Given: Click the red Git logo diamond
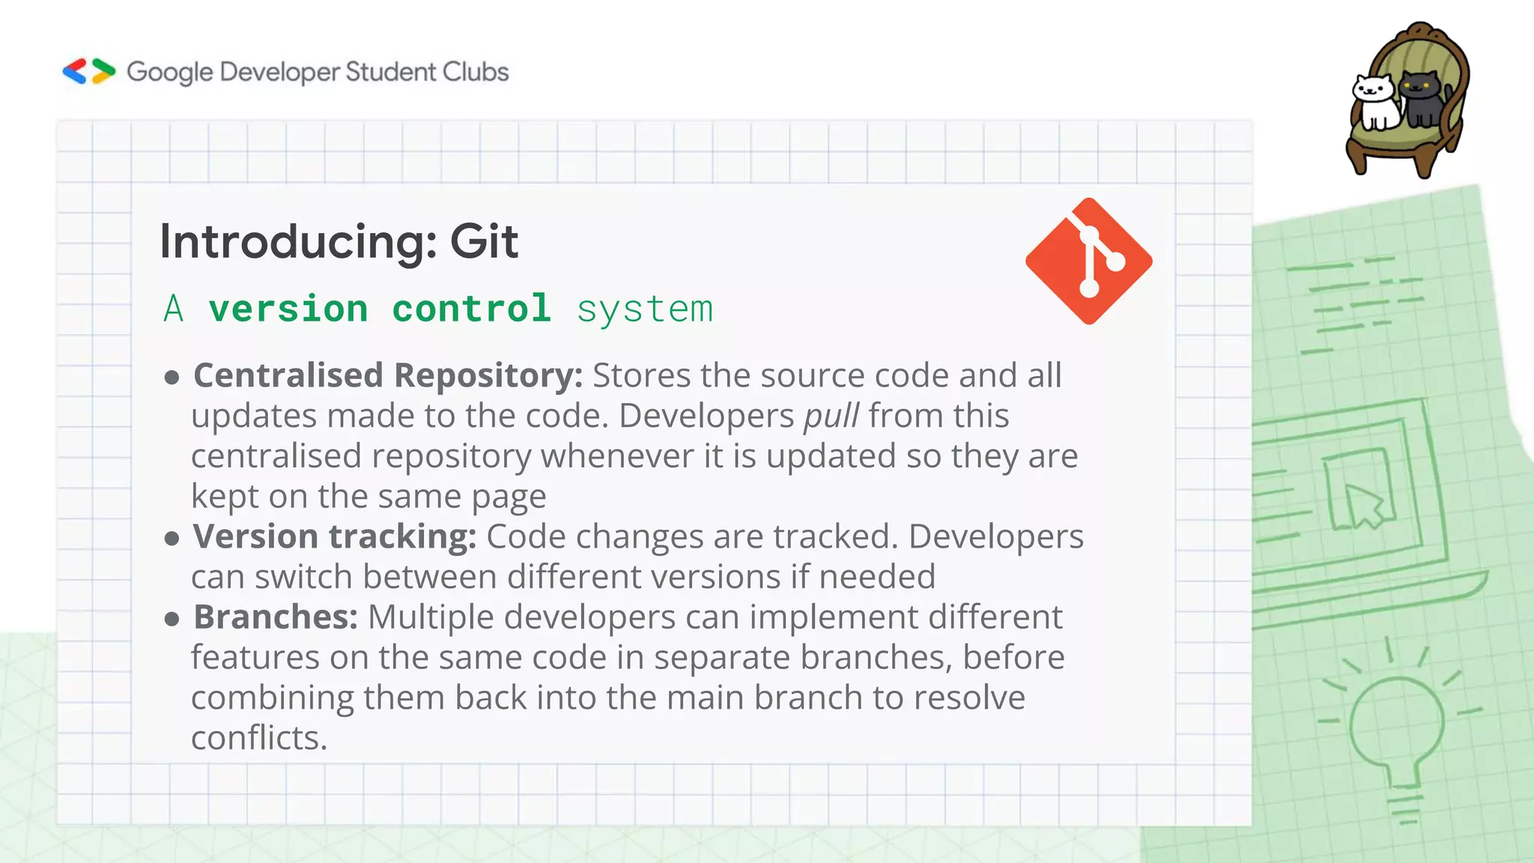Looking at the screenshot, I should pyautogui.click(x=1088, y=261).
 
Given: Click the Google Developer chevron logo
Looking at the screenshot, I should pyautogui.click(x=89, y=71).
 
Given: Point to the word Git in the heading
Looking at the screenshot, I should pyautogui.click(x=484, y=241).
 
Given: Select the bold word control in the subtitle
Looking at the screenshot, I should pyautogui.click(x=471, y=309).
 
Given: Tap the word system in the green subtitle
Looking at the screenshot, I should pyautogui.click(x=645, y=309).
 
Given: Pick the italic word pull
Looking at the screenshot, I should pyautogui.click(x=831, y=417).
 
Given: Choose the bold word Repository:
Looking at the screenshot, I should pyautogui.click(x=488, y=375).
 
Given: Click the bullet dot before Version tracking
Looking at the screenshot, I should pyautogui.click(x=172, y=538).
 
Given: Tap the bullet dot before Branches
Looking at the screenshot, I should pyautogui.click(x=172, y=619).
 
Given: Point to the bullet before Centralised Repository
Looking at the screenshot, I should pyautogui.click(x=172, y=377).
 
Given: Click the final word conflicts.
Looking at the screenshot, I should pyautogui.click(x=259, y=738).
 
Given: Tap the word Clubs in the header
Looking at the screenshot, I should pyautogui.click(x=475, y=72).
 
